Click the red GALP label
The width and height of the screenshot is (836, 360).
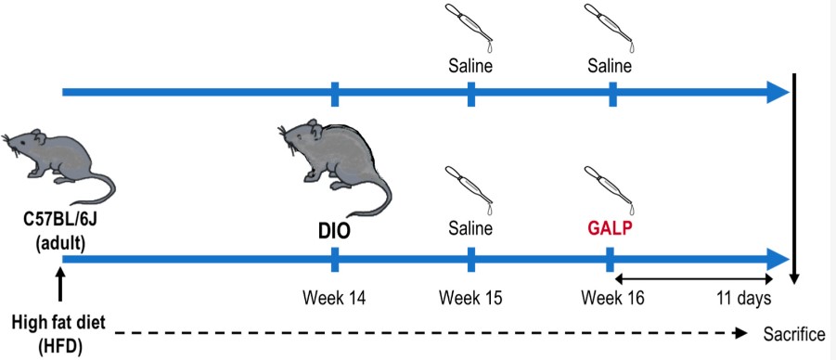tap(609, 228)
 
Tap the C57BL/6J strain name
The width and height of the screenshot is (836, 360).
tap(59, 225)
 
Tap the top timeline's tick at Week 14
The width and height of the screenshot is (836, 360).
tap(334, 93)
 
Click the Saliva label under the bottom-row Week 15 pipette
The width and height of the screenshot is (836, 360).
tap(470, 228)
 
